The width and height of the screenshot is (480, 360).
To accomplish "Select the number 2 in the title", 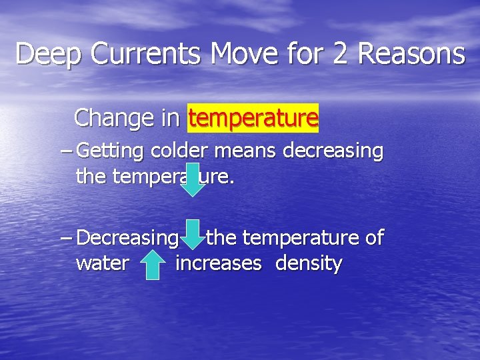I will tap(339, 53).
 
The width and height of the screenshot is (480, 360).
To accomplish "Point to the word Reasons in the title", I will tap(411, 53).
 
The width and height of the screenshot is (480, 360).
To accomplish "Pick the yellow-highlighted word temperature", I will tap(253, 119).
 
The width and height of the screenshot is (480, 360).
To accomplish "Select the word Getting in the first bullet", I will tap(110, 152).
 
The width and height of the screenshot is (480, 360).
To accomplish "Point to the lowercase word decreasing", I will tap(333, 152).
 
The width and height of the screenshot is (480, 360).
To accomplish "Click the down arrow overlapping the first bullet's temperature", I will tap(193, 179).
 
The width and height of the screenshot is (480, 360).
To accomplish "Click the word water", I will tap(102, 263).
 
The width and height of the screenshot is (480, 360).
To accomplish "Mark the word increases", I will tap(219, 263).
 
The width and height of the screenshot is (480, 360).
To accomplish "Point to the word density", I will tap(309, 264).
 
